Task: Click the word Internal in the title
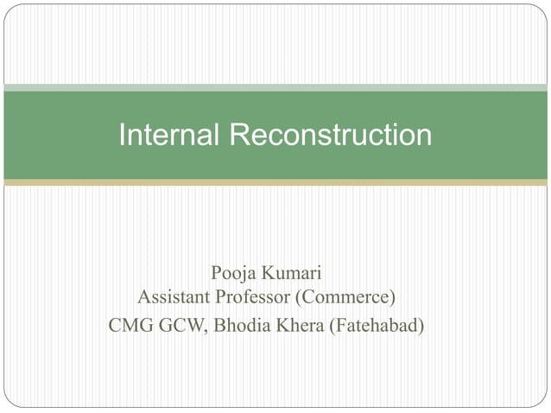pyautogui.click(x=169, y=135)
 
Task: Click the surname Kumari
pyautogui.click(x=293, y=274)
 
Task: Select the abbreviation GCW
pyautogui.click(x=180, y=327)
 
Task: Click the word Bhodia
pyautogui.click(x=241, y=327)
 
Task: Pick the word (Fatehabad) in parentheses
pyautogui.click(x=378, y=327)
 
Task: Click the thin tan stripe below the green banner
pyautogui.click(x=275, y=183)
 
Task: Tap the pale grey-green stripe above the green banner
pyautogui.click(x=275, y=87)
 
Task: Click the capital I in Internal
pyautogui.click(x=122, y=135)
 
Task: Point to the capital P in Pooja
pyautogui.click(x=216, y=274)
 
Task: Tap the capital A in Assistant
pyautogui.click(x=144, y=298)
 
